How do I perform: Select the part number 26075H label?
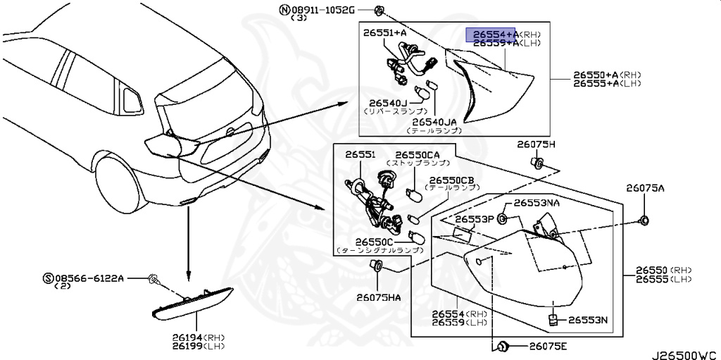(536, 144)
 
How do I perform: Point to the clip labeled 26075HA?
(376, 266)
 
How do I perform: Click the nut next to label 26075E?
(502, 346)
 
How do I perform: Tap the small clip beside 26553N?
(553, 321)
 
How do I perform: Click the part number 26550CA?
(417, 154)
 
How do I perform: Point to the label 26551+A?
(385, 32)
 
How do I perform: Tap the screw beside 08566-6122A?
(153, 280)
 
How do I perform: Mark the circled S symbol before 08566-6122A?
(47, 279)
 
